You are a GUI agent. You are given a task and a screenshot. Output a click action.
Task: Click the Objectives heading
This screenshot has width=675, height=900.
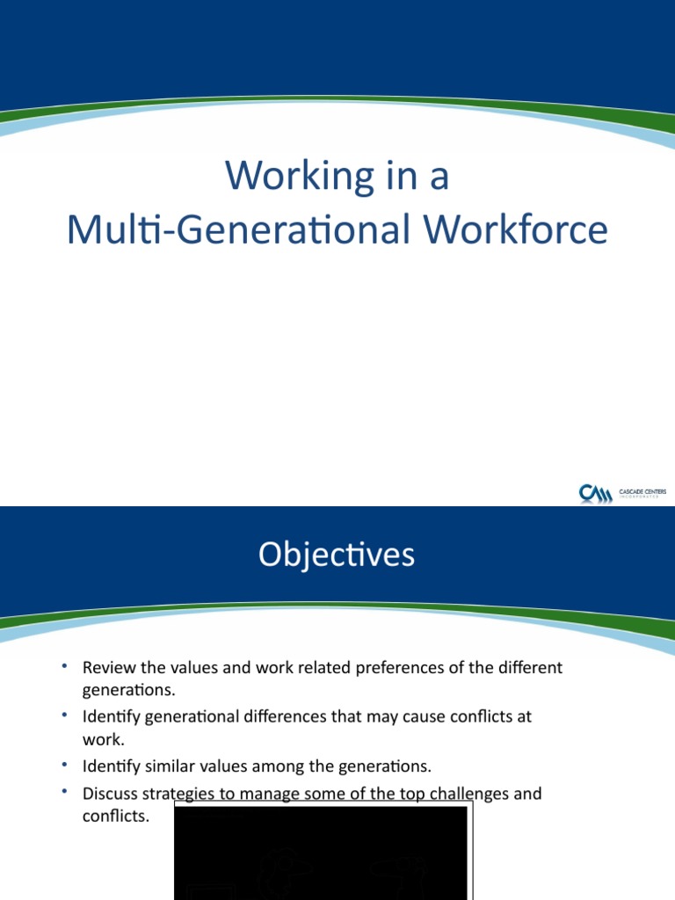(x=337, y=555)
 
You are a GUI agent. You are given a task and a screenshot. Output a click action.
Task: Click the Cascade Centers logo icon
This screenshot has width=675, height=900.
(x=595, y=494)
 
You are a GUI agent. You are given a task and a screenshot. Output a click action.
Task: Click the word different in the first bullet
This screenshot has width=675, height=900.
(x=530, y=668)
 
